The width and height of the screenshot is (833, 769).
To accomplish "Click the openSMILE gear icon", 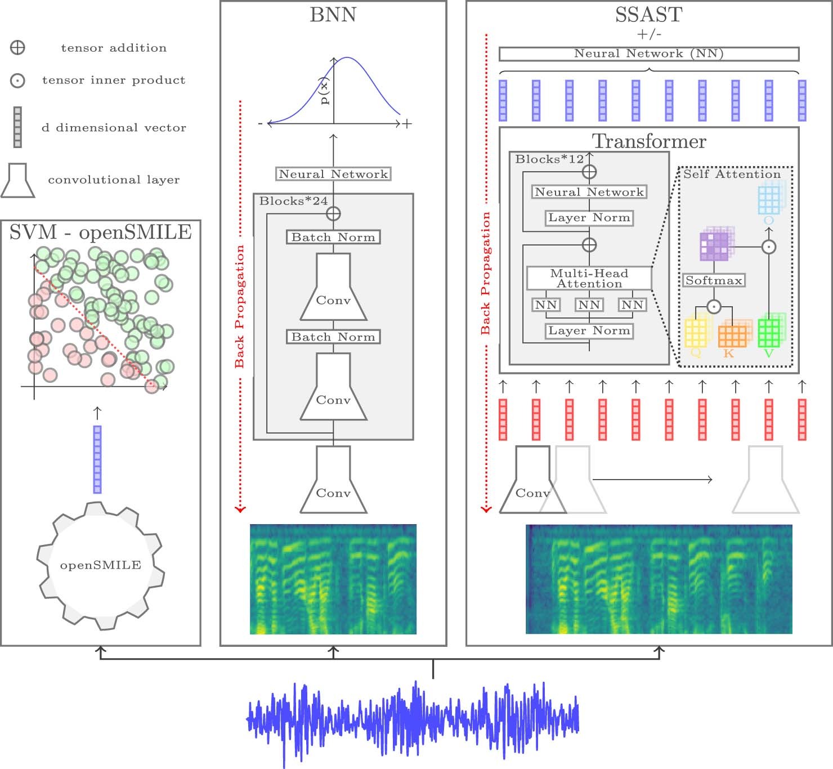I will [x=100, y=564].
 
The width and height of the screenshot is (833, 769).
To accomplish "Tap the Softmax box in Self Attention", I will [x=714, y=280].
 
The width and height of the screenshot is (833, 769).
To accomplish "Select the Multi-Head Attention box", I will [x=589, y=278].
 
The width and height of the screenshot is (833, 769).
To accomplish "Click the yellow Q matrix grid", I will [x=697, y=333].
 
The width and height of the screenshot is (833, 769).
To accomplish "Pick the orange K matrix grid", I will [x=732, y=336].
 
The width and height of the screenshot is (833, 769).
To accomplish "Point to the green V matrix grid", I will [x=769, y=333].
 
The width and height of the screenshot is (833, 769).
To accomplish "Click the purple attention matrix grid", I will [x=714, y=246].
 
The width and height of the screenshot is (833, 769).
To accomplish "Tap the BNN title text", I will [x=333, y=15].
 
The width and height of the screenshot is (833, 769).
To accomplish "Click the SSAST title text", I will [x=648, y=15].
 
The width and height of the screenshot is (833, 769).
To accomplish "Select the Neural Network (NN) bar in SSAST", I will [x=648, y=53].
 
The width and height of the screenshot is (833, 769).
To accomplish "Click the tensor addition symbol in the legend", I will [x=18, y=48].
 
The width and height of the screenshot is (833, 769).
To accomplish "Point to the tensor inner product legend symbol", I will [x=18, y=81].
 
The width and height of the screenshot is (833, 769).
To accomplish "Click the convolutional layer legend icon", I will [x=18, y=181].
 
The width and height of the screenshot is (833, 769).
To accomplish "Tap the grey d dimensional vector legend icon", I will [x=18, y=127].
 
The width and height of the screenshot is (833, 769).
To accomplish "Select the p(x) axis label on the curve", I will [x=324, y=92].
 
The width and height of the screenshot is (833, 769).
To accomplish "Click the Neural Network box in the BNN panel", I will [x=333, y=174].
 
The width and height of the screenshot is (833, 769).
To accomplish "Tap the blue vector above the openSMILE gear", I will [x=97, y=459].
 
